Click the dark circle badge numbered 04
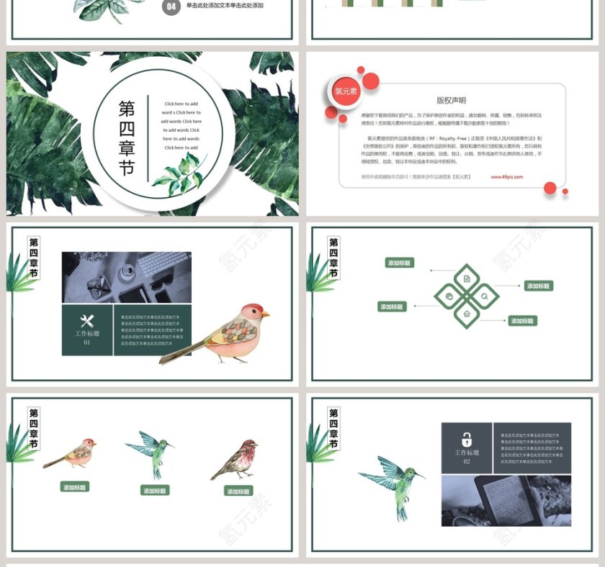pyautogui.click(x=171, y=7)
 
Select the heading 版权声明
pyautogui.click(x=451, y=101)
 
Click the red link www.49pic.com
pyautogui.click(x=507, y=176)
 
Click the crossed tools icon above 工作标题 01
pyautogui.click(x=87, y=321)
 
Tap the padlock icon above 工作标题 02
pyautogui.click(x=467, y=439)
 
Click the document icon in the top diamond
pyautogui.click(x=467, y=278)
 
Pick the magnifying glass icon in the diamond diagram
pyautogui.click(x=485, y=296)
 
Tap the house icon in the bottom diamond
pyautogui.click(x=467, y=314)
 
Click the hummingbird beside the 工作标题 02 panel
pyautogui.click(x=393, y=482)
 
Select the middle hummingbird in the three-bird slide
pyautogui.click(x=152, y=452)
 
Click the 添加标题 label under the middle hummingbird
pyautogui.click(x=155, y=491)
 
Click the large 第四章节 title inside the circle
pyautogui.click(x=127, y=138)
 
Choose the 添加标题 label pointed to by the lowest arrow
pyautogui.click(x=523, y=321)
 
